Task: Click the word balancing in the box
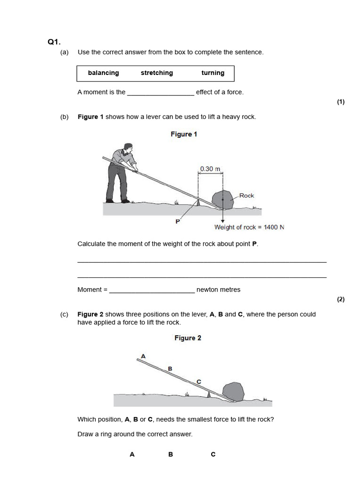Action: (x=103, y=73)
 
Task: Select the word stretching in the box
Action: (x=156, y=73)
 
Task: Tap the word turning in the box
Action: (x=213, y=73)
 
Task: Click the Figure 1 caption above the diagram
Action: (x=184, y=134)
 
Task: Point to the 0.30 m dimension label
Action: (x=210, y=169)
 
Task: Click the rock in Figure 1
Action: (x=222, y=199)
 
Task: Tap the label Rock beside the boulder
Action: (x=247, y=195)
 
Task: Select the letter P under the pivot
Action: (x=178, y=221)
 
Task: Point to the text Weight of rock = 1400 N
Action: (x=249, y=227)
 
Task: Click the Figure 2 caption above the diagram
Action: (x=188, y=338)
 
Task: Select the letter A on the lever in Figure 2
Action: (x=143, y=356)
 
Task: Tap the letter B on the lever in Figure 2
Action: (x=170, y=368)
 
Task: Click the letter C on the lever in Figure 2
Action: (x=198, y=381)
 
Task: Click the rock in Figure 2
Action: (x=233, y=391)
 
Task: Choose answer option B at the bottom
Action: (x=171, y=454)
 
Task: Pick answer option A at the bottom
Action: (x=132, y=454)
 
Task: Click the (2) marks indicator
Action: (x=341, y=299)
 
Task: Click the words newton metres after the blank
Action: (x=218, y=290)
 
